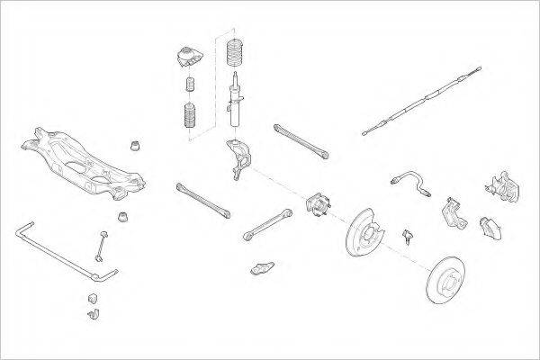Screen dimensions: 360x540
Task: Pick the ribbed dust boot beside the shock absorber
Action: point(191,118)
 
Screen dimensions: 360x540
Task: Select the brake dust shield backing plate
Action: point(366,234)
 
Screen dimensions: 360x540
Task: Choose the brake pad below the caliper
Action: point(490,227)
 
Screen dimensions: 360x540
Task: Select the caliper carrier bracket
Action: point(452,213)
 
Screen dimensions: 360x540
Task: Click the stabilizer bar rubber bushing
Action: point(93,296)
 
